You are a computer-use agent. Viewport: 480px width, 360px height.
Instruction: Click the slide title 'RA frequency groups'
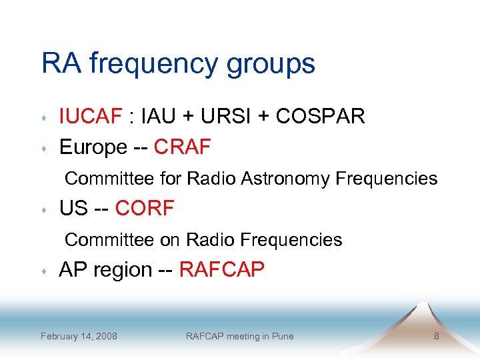tap(178, 64)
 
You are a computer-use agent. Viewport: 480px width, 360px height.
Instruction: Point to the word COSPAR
tap(320, 117)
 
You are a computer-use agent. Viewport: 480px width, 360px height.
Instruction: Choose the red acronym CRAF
tap(182, 147)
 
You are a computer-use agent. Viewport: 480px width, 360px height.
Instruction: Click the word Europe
tap(93, 147)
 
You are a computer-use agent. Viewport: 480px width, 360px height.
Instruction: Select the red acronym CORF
tap(145, 209)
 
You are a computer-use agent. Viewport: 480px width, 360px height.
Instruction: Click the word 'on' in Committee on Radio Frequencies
tap(171, 240)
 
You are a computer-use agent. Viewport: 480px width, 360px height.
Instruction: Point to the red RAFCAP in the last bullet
tap(222, 270)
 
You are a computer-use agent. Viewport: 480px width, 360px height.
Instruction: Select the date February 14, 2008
tap(79, 336)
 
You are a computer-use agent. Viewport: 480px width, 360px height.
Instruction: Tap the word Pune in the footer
tap(282, 336)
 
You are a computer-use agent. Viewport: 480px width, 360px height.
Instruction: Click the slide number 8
tap(437, 336)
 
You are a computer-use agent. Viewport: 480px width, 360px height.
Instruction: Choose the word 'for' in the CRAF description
tap(170, 179)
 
